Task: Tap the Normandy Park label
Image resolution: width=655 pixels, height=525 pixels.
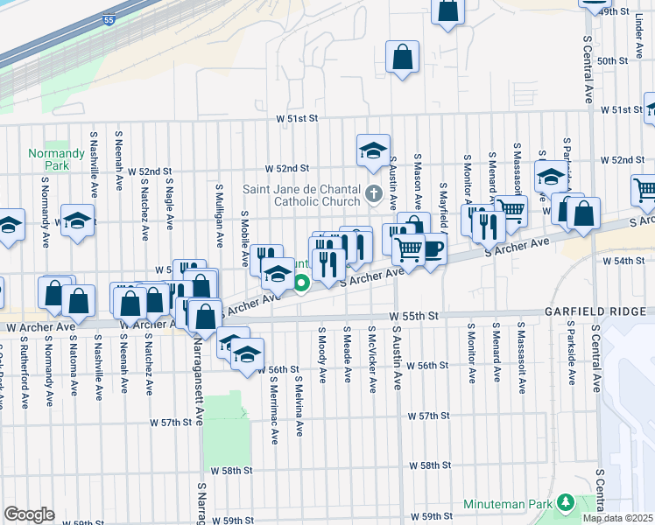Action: tap(49, 158)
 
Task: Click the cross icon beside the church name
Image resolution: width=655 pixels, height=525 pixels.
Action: tap(374, 193)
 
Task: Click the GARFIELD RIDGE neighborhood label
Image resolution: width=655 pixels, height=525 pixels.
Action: tap(598, 311)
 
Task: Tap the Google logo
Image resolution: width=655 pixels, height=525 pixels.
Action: tap(29, 514)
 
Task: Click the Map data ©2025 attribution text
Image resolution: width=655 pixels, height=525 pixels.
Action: tap(617, 518)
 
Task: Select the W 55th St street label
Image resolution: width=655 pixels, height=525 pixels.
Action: tap(413, 316)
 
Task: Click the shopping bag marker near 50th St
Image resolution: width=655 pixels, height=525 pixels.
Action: tap(402, 58)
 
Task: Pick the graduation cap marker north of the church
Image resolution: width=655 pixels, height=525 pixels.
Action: tap(372, 150)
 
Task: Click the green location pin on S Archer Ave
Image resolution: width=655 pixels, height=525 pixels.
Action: tap(301, 283)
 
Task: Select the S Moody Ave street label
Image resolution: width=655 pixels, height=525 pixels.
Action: tap(322, 355)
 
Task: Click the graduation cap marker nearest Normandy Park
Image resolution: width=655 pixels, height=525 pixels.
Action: tap(76, 220)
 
